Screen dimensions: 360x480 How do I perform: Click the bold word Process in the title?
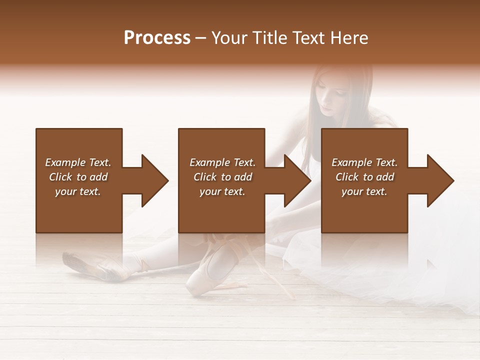click(x=157, y=38)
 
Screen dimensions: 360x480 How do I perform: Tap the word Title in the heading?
click(x=271, y=38)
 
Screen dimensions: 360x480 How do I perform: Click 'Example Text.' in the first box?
click(x=78, y=162)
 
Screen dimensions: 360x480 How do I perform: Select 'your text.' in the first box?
click(x=78, y=191)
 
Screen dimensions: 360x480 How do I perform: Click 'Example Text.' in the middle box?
click(x=222, y=162)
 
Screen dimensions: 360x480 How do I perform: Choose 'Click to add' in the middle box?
click(x=222, y=177)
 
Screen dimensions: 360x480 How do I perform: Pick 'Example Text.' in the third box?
click(x=364, y=162)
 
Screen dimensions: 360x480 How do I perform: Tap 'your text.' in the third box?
click(x=364, y=191)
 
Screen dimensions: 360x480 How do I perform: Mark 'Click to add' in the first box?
click(x=78, y=177)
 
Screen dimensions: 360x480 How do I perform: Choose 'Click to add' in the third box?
click(x=364, y=177)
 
